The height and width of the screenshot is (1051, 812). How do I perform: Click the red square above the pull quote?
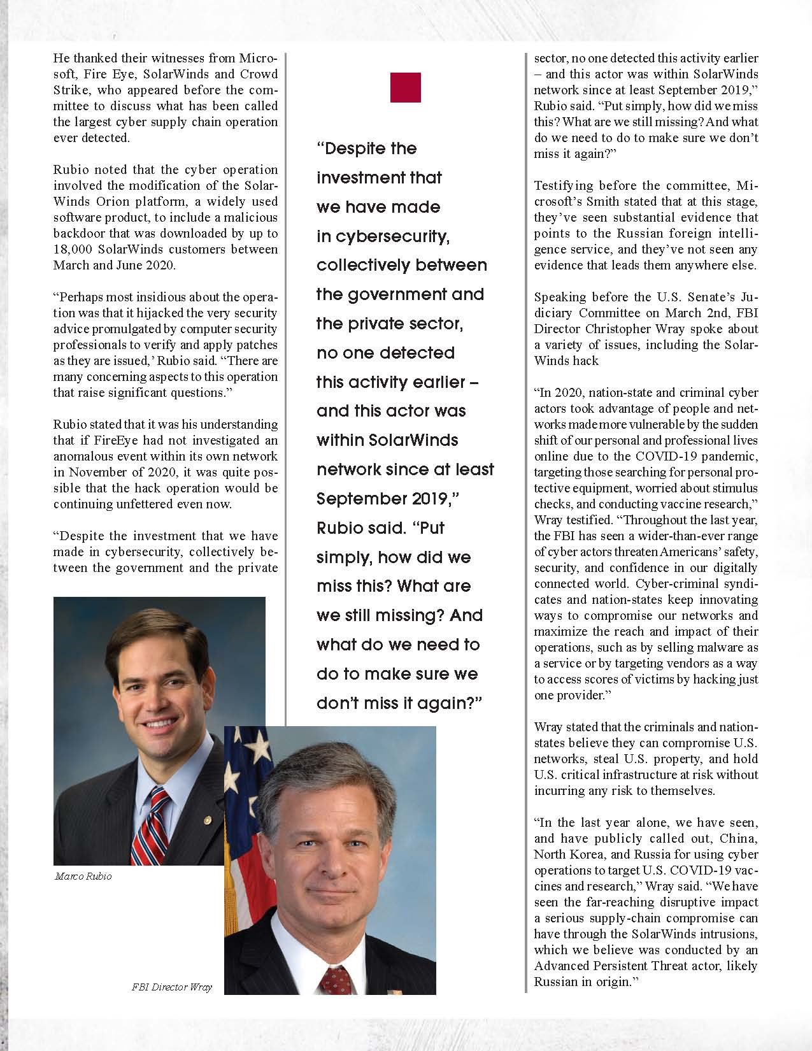[405, 88]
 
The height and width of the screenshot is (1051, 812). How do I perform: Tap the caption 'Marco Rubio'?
[83, 876]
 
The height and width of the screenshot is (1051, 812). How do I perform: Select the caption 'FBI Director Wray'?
[171, 988]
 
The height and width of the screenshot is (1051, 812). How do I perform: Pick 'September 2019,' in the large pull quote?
[388, 499]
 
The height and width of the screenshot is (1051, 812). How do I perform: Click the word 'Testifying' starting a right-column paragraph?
[563, 185]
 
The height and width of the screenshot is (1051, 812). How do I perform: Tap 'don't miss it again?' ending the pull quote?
[399, 703]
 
